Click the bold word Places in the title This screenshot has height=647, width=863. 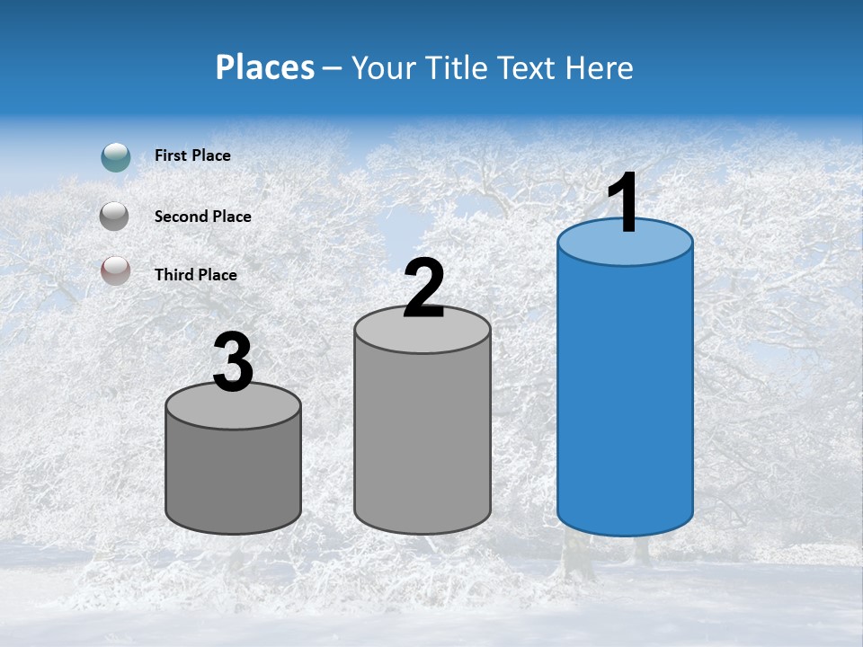click(x=265, y=67)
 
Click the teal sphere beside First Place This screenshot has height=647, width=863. click(x=116, y=156)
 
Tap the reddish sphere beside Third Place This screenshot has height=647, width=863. click(x=116, y=270)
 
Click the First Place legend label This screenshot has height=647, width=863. click(x=192, y=155)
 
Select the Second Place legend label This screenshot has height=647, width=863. click(x=203, y=216)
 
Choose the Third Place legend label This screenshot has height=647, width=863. click(x=196, y=275)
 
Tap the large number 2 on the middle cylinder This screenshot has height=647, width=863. click(x=423, y=288)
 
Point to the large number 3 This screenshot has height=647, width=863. click(x=234, y=363)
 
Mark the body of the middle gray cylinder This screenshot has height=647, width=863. click(x=423, y=440)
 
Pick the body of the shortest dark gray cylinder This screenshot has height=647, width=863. click(x=234, y=476)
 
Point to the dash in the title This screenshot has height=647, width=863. click(x=332, y=68)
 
